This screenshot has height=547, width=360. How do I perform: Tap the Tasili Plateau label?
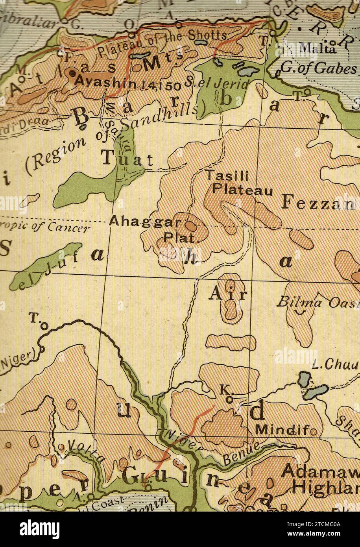[x=238, y=183]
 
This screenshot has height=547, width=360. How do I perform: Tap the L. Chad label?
[x=335, y=365]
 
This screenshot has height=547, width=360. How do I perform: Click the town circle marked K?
[x=229, y=399]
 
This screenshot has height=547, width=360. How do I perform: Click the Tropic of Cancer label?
[x=47, y=226]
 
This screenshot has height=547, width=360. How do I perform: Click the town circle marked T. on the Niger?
[x=44, y=326]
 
